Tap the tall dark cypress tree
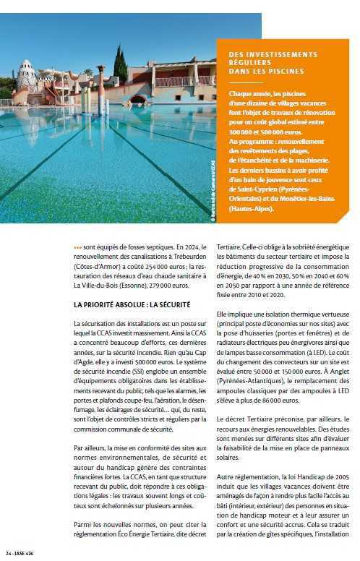(121, 66)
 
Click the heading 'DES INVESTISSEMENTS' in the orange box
(273, 54)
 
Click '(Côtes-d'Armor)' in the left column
(98, 265)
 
